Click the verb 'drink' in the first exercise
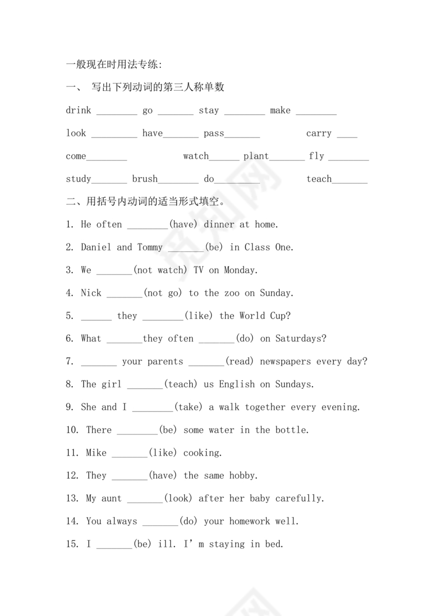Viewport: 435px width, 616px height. point(79,110)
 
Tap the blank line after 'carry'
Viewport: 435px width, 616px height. point(347,135)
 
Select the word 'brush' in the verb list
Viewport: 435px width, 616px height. point(145,179)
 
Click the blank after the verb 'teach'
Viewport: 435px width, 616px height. point(350,181)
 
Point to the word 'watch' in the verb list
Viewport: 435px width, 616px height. point(196,156)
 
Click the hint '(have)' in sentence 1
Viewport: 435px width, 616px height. point(183,225)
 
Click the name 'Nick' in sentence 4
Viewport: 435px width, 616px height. point(91,293)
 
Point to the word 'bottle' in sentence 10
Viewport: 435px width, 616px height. point(292,430)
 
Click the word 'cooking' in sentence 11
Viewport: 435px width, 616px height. point(202,453)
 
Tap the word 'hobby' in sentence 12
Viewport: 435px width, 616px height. point(243,476)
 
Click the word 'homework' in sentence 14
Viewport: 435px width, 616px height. point(250,522)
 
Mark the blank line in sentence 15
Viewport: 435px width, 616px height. point(114,546)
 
